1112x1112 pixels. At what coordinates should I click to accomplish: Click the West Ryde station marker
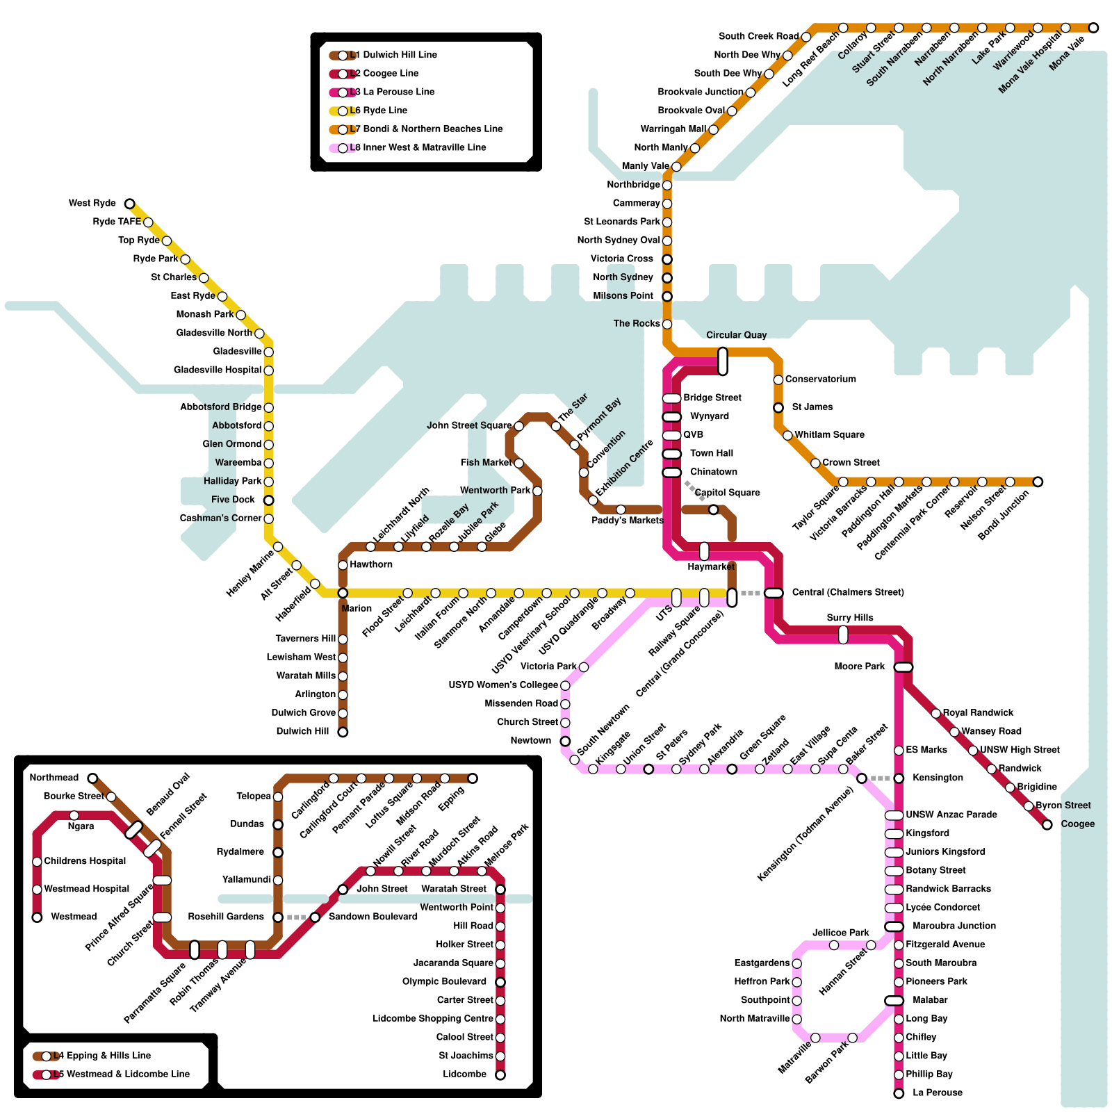click(130, 204)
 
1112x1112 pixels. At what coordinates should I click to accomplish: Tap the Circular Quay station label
click(736, 335)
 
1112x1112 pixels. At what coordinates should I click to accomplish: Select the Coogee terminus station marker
click(1047, 824)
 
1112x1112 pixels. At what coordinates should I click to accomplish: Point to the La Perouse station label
click(938, 1093)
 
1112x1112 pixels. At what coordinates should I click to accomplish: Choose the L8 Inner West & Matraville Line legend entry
click(418, 147)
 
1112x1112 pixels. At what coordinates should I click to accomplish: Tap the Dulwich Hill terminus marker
click(343, 732)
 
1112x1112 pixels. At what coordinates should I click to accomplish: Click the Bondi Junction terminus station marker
click(1038, 482)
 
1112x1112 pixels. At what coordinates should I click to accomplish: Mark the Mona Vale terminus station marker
click(1093, 28)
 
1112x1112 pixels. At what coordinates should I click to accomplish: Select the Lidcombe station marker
click(500, 1075)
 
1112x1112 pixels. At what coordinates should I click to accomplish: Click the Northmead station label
click(54, 778)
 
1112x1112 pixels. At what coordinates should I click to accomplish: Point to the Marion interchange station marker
click(343, 593)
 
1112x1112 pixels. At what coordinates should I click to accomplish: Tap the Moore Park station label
click(860, 667)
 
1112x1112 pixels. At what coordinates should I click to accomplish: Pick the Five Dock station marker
click(269, 500)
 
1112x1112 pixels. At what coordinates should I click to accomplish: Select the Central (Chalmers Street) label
click(848, 592)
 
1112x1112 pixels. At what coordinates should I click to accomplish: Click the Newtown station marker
click(565, 742)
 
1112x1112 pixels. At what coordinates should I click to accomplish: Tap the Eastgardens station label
click(762, 963)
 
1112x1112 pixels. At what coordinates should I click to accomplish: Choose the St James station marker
click(778, 407)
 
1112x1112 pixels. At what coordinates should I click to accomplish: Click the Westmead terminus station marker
click(38, 917)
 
